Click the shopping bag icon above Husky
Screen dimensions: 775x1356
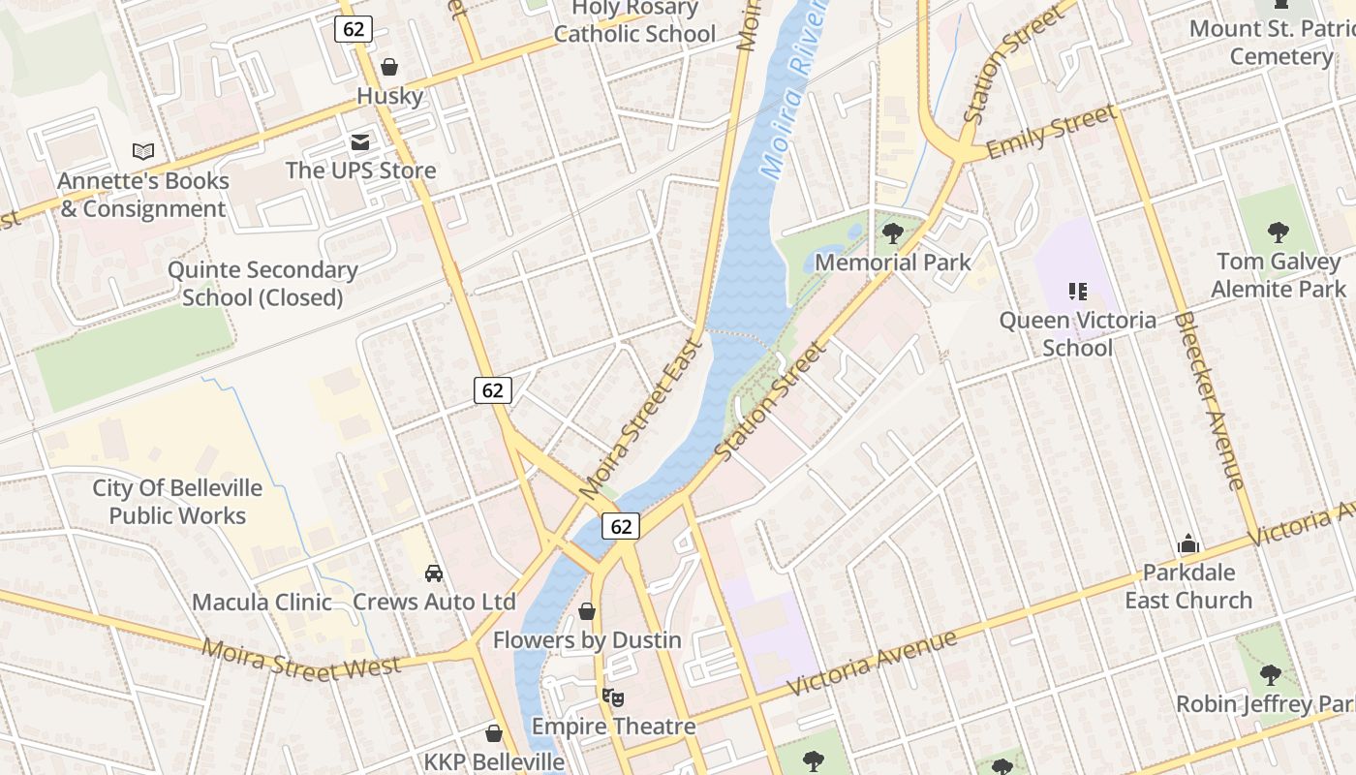click(389, 67)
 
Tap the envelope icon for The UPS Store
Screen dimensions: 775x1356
click(360, 142)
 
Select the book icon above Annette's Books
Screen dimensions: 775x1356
click(143, 151)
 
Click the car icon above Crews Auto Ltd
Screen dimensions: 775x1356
click(434, 573)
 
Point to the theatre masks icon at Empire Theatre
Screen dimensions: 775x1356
click(612, 697)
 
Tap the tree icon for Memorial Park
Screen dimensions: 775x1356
click(892, 232)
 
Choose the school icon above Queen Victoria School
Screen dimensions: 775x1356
click(1077, 291)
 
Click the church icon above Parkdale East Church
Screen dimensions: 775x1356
click(1188, 544)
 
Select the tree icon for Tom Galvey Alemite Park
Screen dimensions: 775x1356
click(1279, 232)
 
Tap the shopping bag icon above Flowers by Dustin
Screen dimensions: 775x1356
click(587, 611)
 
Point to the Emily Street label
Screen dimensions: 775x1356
click(1051, 134)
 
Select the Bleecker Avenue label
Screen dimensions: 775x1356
click(1209, 400)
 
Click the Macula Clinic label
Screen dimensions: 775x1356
click(262, 602)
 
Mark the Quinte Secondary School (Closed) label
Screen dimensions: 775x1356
click(262, 284)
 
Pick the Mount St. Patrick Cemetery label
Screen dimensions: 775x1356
click(1272, 43)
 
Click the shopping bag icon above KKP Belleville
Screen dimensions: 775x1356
click(494, 733)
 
